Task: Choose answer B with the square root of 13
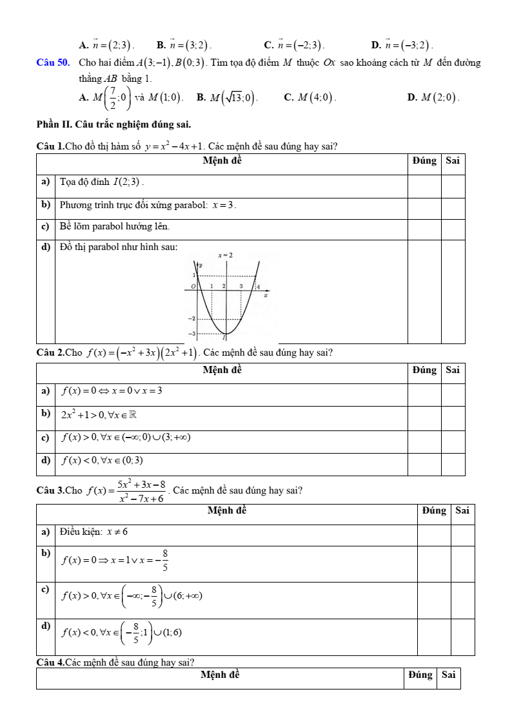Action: point(226,97)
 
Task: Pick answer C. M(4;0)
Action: point(310,97)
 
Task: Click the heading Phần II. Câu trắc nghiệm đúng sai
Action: point(113,124)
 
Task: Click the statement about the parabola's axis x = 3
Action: point(148,205)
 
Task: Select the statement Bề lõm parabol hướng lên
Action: point(114,226)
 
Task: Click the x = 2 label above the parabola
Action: point(225,255)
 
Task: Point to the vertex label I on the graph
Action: point(224,337)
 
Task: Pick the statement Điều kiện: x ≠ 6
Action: point(94,532)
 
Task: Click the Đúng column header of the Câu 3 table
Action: point(434,510)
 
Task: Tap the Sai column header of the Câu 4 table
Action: point(448,675)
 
